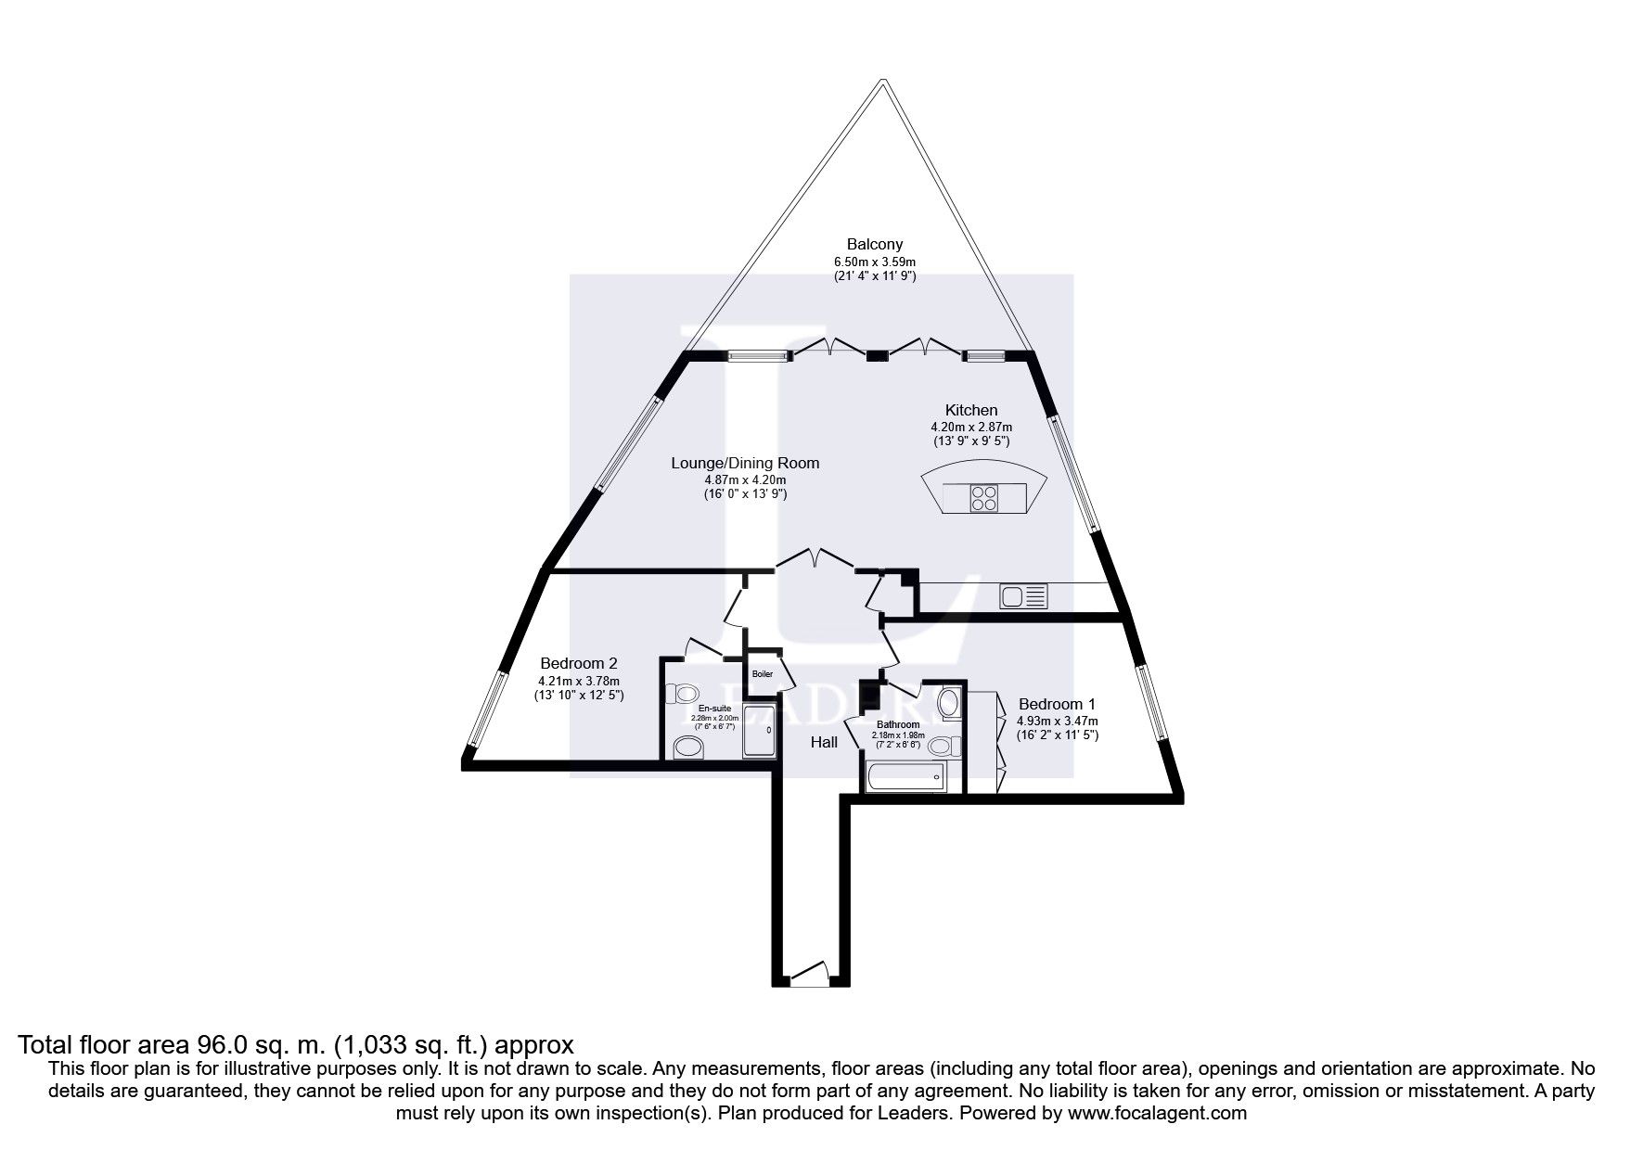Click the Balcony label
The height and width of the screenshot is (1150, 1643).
[874, 245]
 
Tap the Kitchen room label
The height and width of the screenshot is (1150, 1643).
[971, 410]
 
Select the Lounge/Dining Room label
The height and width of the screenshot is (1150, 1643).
[745, 463]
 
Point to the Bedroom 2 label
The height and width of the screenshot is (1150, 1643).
[579, 663]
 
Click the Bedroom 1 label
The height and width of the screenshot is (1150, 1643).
[1057, 704]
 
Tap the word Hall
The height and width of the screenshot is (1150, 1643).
[824, 742]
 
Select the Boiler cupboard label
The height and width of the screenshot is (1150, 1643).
[763, 674]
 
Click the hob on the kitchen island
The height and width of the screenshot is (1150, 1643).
[982, 499]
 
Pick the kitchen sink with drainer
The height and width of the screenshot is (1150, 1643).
[1023, 595]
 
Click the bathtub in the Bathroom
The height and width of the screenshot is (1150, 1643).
[905, 777]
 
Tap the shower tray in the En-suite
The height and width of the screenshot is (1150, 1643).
[760, 731]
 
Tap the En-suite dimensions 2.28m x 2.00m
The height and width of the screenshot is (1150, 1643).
[714, 718]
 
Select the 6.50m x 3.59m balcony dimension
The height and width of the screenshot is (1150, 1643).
[874, 262]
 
